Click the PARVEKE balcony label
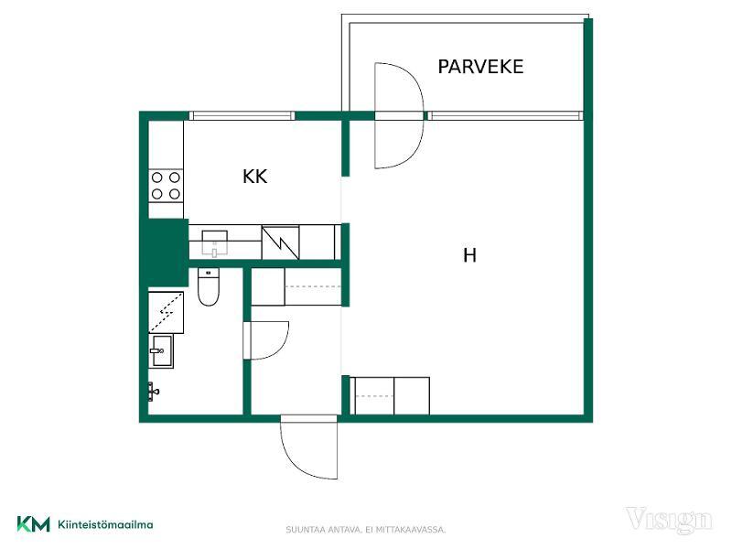(x=480, y=67)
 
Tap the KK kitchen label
(x=255, y=177)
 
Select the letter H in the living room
(x=469, y=255)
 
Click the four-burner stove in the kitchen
(x=166, y=186)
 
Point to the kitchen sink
(x=215, y=242)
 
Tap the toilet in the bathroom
(x=209, y=286)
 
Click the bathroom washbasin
(x=161, y=350)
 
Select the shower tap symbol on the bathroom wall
(x=153, y=392)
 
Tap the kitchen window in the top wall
(x=242, y=116)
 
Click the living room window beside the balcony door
(x=505, y=115)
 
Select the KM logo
(x=33, y=524)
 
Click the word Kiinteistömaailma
(x=105, y=524)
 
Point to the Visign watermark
(x=669, y=520)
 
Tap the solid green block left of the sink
(x=166, y=253)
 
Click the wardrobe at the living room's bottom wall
(x=390, y=396)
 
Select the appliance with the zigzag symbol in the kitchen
(x=280, y=242)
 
